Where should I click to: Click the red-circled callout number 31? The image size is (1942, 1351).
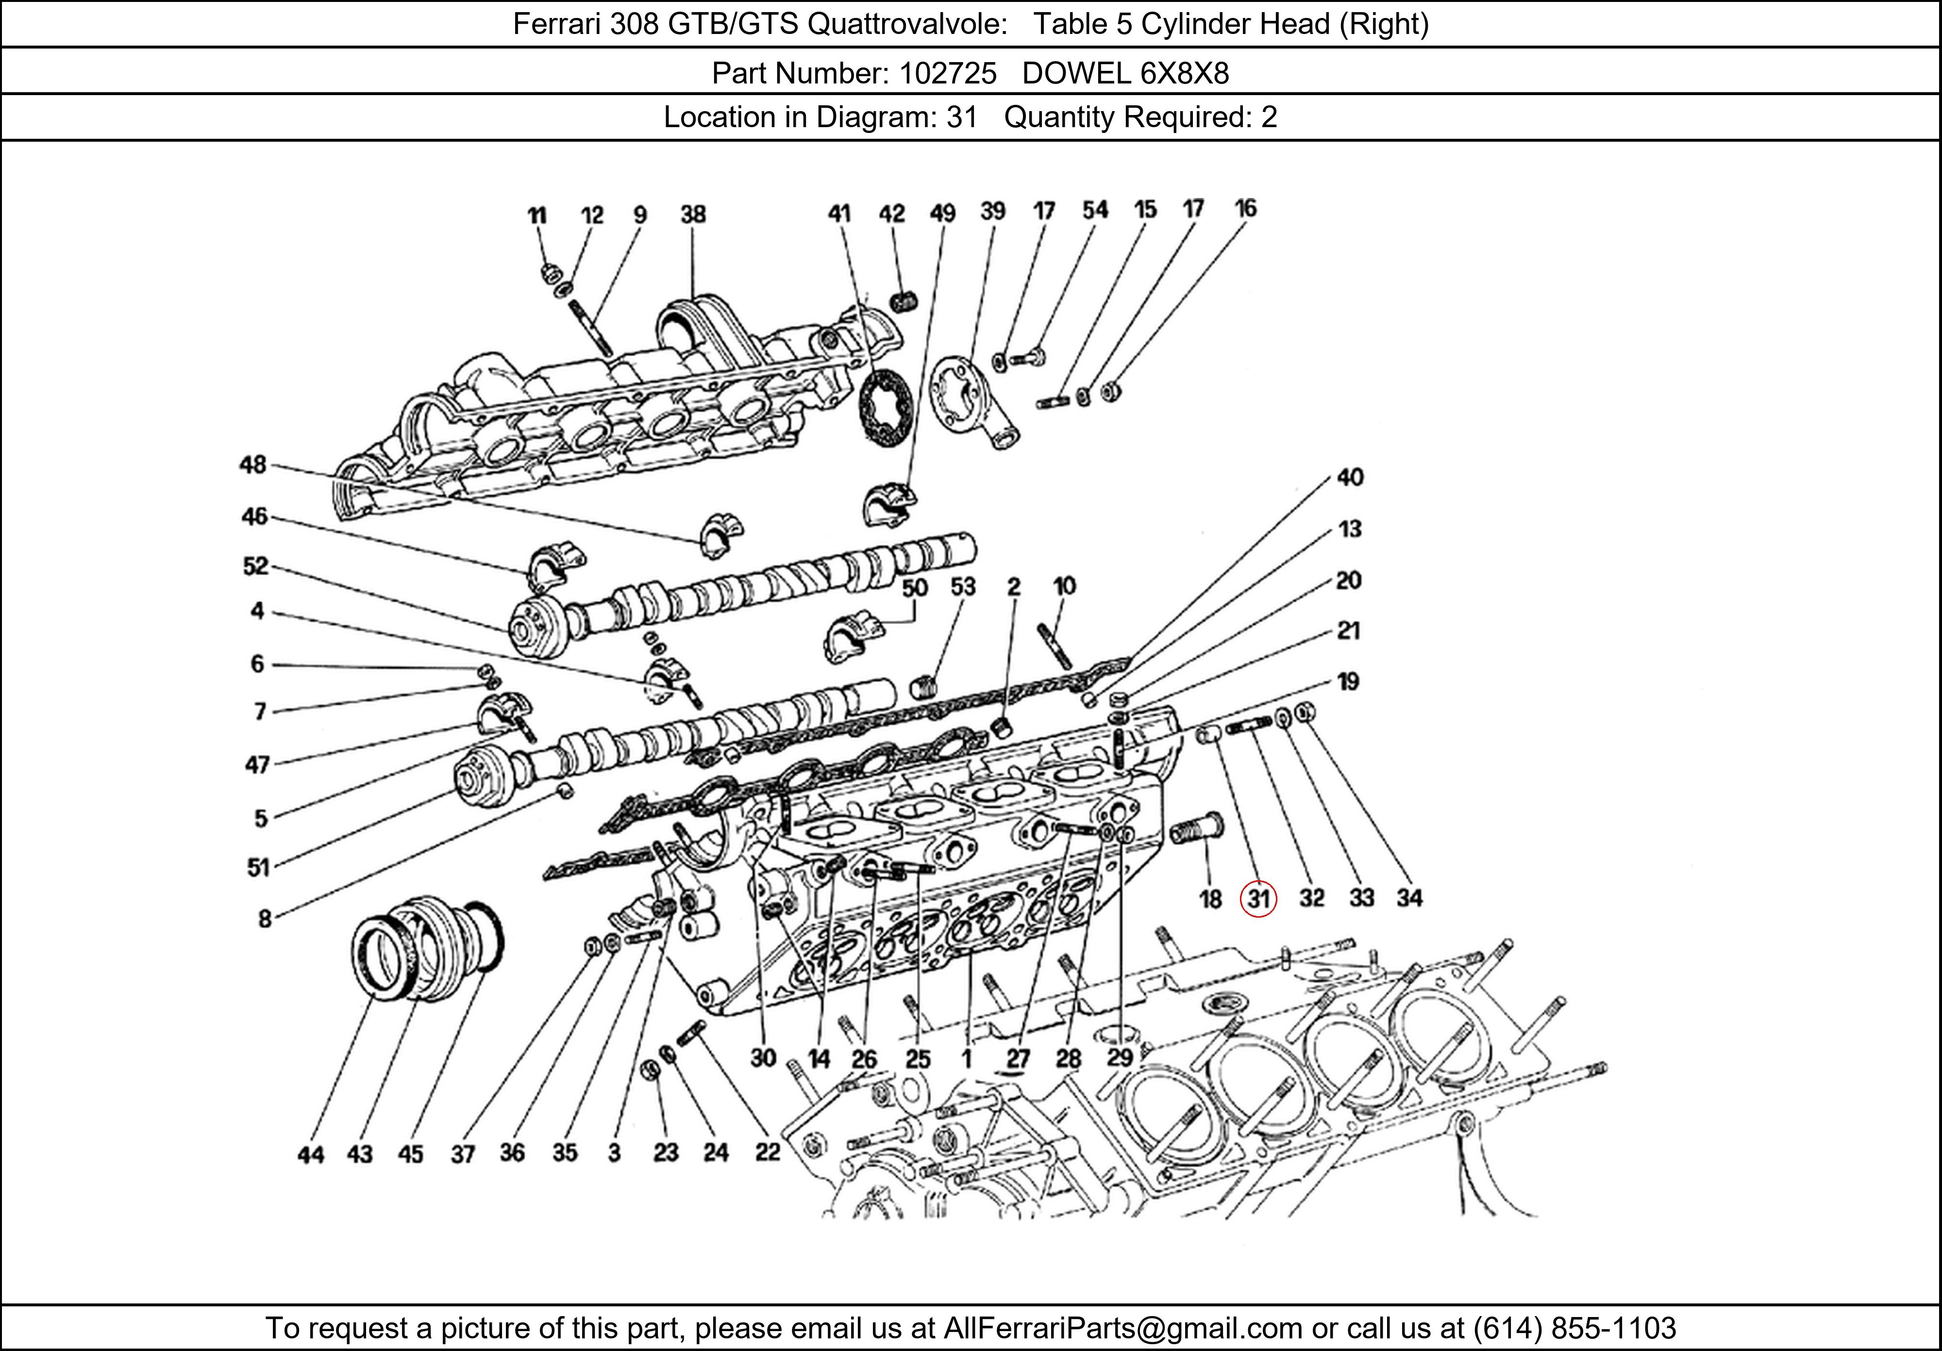click(x=1258, y=899)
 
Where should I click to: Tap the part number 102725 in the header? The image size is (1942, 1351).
click(x=948, y=74)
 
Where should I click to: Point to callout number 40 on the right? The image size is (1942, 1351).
click(x=1350, y=478)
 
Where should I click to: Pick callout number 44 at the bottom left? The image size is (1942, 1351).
click(x=310, y=1155)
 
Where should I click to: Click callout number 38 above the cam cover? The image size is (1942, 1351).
click(x=693, y=214)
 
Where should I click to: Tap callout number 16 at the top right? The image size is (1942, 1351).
click(x=1245, y=208)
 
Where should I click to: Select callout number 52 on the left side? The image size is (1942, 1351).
click(x=255, y=566)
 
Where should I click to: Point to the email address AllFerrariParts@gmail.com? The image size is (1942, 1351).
click(x=1122, y=1328)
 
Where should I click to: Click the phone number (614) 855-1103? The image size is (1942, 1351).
click(x=1574, y=1328)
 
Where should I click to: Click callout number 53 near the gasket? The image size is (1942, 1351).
click(x=963, y=587)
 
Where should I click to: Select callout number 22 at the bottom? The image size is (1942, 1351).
click(x=767, y=1153)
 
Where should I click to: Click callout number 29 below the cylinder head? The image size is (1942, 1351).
click(x=1120, y=1057)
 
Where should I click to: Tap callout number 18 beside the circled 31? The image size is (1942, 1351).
click(x=1210, y=899)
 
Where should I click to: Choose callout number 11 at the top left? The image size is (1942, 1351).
click(x=537, y=215)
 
